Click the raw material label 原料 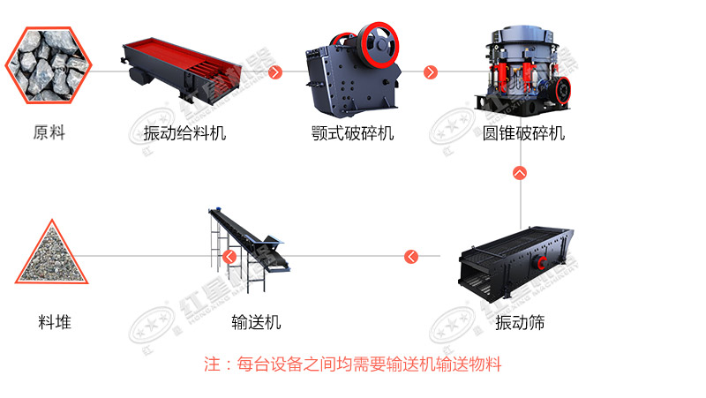[x=49, y=134]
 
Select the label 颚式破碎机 [x=352, y=134]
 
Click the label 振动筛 [x=520, y=322]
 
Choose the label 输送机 [x=256, y=322]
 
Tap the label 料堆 [x=55, y=322]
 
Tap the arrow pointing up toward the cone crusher [x=520, y=173]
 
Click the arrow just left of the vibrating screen [x=411, y=257]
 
